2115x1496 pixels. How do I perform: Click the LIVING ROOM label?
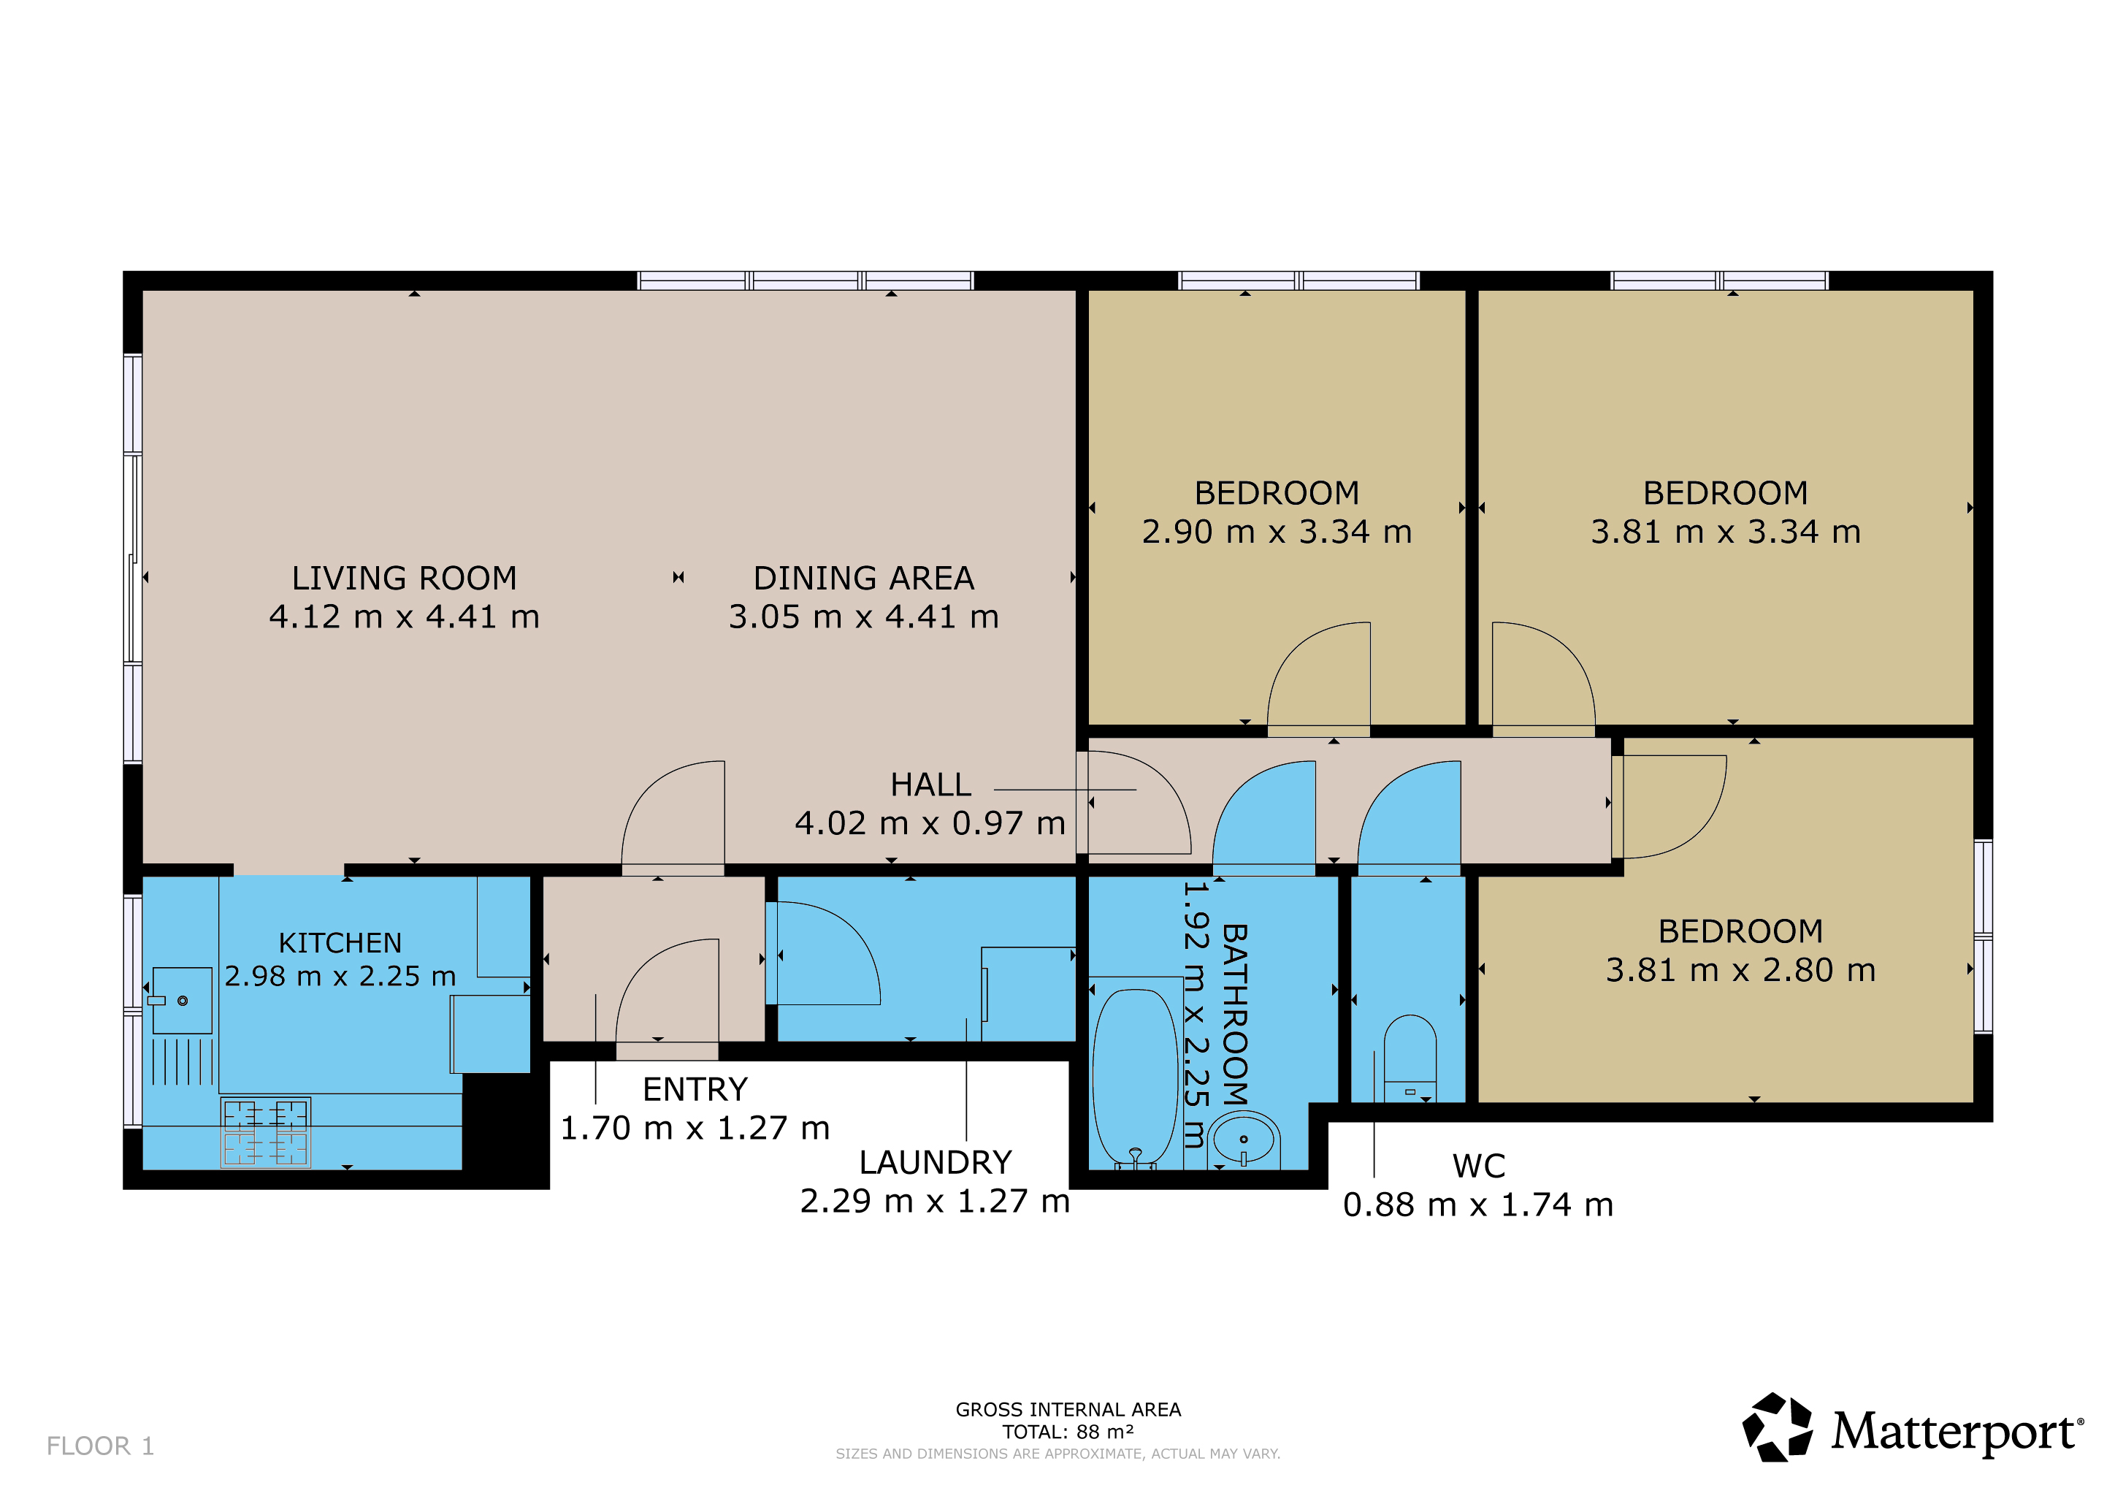pyautogui.click(x=405, y=579)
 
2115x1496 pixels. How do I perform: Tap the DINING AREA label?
pyautogui.click(x=864, y=579)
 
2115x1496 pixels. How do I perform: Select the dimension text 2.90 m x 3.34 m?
pyautogui.click(x=1277, y=533)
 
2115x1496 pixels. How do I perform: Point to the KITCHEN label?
pyautogui.click(x=340, y=943)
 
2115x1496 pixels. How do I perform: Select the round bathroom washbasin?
pyautogui.click(x=1244, y=1140)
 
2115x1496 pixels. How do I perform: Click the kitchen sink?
pyautogui.click(x=181, y=1001)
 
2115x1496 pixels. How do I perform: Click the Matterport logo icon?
pyautogui.click(x=1777, y=1427)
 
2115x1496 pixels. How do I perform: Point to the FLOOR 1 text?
pyautogui.click(x=100, y=1446)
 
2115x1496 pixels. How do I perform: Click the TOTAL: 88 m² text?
pyautogui.click(x=1068, y=1432)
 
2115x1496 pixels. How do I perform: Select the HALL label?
pyautogui.click(x=930, y=785)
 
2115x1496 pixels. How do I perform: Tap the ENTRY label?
pyautogui.click(x=695, y=1090)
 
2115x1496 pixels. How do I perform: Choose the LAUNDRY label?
pyautogui.click(x=935, y=1162)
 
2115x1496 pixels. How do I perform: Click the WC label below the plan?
pyautogui.click(x=1478, y=1167)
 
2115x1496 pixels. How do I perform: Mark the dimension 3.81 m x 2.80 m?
pyautogui.click(x=1741, y=971)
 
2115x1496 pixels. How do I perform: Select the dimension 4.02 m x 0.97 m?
pyautogui.click(x=930, y=823)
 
